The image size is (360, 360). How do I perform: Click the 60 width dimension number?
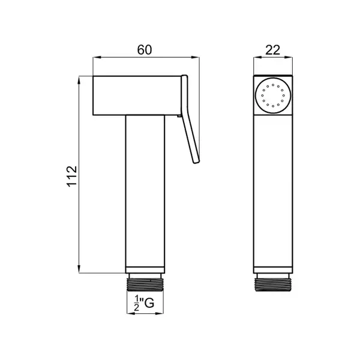click(145, 50)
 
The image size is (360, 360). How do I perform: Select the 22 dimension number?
click(273, 50)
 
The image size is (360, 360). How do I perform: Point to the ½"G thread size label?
click(144, 303)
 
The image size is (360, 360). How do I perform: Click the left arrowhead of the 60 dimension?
click(97, 57)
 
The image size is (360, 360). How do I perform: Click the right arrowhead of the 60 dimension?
click(196, 57)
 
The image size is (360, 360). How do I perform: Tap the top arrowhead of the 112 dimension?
click(79, 80)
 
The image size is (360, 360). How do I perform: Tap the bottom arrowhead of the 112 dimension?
click(79, 269)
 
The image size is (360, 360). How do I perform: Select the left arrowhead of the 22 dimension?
click(257, 57)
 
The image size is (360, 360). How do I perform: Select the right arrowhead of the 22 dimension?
click(289, 57)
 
